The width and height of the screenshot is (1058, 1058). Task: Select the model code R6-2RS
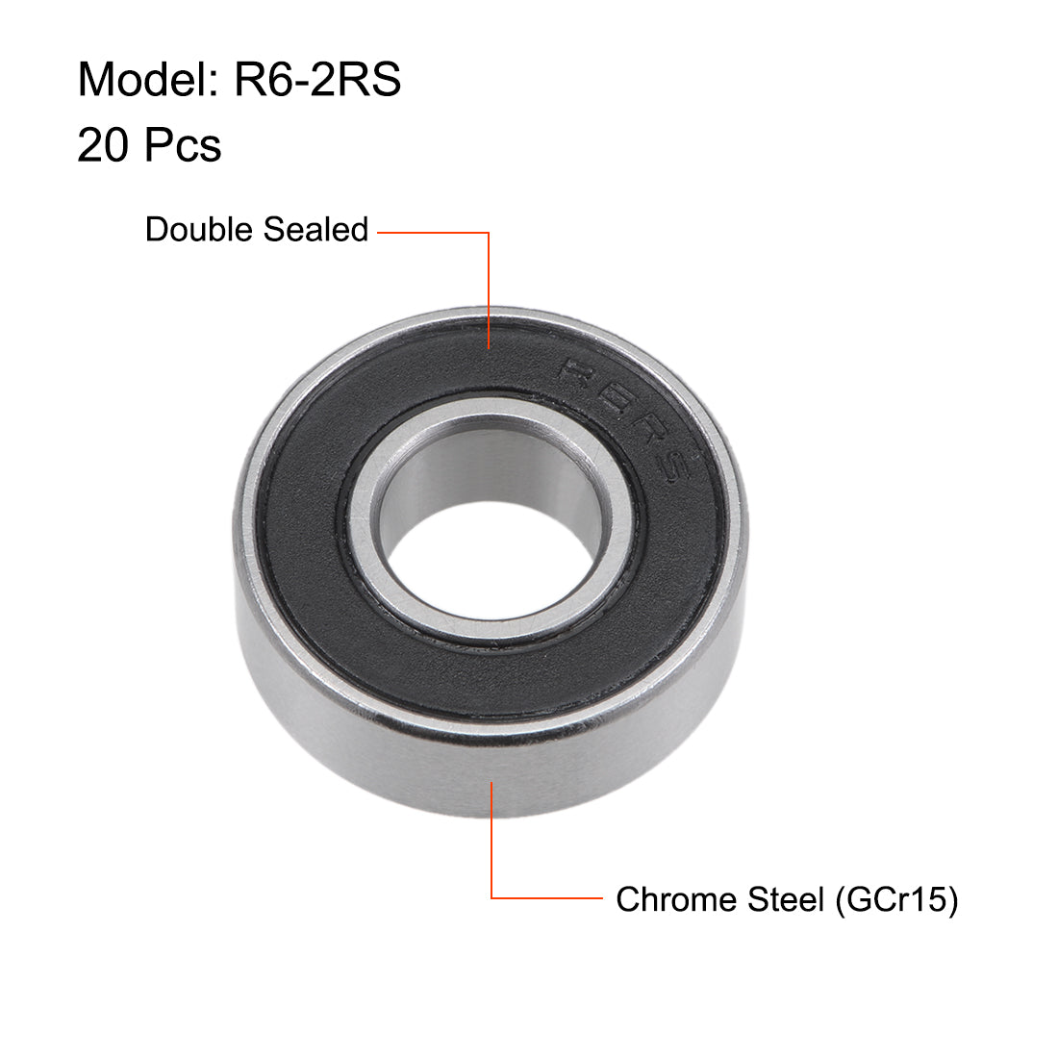click(317, 79)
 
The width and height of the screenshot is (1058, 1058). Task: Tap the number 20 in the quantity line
click(104, 146)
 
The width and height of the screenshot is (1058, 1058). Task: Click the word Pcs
click(183, 146)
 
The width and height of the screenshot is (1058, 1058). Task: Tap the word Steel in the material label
click(785, 899)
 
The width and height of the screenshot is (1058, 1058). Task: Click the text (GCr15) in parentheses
click(896, 899)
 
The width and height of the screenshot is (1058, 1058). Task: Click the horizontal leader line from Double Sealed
click(433, 232)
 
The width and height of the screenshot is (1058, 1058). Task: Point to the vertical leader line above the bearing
click(490, 289)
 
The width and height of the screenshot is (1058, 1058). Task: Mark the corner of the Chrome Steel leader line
click(491, 898)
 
